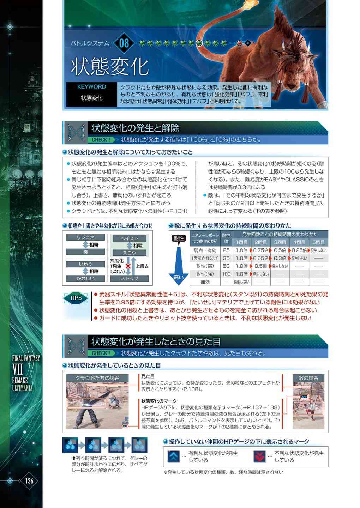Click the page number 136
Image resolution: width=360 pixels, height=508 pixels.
point(29,480)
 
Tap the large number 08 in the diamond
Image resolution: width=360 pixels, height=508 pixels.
point(124,43)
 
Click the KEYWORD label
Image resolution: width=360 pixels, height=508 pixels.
point(92,86)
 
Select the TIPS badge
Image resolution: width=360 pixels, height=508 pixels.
point(76,298)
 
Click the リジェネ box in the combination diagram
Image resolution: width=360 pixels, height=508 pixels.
point(85,237)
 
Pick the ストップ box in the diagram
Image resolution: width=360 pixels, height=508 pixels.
point(130,278)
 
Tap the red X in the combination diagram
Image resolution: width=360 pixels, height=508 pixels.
point(128,266)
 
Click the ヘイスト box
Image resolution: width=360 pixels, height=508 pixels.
point(130,238)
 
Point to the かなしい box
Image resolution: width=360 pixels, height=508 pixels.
point(85,278)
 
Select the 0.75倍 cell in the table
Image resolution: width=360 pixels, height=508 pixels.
point(260,250)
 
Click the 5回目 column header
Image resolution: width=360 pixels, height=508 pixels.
point(318,242)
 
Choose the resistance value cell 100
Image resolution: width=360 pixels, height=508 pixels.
point(226,274)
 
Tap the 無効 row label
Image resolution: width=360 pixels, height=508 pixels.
point(205,282)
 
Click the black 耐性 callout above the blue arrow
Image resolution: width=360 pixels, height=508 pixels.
point(179,239)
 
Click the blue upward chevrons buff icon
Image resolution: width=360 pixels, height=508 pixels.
point(174,456)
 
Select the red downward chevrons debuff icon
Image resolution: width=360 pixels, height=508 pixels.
point(259,456)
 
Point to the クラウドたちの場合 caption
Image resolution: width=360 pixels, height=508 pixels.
point(97,378)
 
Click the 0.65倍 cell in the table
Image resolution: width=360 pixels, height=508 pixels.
point(260,258)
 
